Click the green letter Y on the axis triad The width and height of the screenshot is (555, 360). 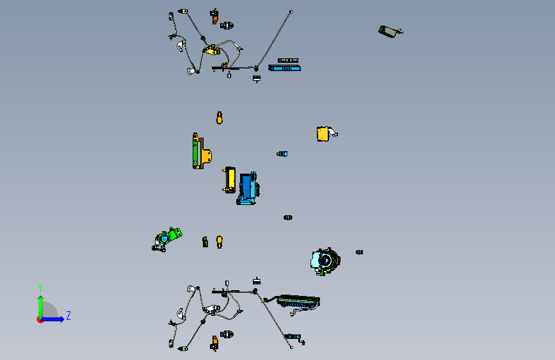(x=40, y=288)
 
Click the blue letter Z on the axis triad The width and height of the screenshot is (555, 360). (x=68, y=315)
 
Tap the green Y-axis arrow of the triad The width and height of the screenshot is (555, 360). (x=41, y=307)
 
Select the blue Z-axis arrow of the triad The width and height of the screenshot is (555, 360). (x=52, y=319)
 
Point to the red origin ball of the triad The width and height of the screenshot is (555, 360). (x=40, y=320)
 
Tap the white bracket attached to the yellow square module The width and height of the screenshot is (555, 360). (x=333, y=133)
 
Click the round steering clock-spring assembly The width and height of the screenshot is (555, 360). (x=325, y=261)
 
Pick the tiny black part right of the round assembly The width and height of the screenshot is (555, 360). (x=359, y=252)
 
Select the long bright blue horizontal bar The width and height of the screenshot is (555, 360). (x=285, y=68)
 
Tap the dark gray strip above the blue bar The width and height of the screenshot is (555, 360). (x=288, y=61)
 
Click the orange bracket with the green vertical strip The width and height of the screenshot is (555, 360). (x=202, y=151)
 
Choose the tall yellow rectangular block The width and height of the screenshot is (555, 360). (x=230, y=179)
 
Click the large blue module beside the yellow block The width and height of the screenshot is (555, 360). (x=248, y=189)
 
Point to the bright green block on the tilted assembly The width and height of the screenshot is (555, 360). (x=175, y=234)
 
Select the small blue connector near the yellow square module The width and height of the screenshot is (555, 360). (x=282, y=154)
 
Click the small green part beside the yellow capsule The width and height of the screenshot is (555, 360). (x=205, y=242)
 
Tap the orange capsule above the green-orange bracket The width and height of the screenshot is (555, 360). (x=220, y=118)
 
